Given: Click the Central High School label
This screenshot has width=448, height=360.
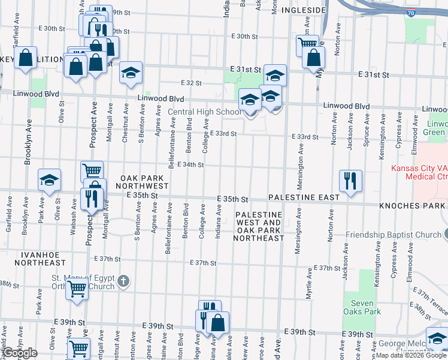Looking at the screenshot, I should (204, 112).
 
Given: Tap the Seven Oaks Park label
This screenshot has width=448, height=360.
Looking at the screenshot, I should (362, 307).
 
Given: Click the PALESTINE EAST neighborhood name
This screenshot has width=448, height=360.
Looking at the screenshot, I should (304, 197).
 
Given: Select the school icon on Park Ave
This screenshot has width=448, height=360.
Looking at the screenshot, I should (50, 180).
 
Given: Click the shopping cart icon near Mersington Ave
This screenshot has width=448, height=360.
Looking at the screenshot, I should (307, 44).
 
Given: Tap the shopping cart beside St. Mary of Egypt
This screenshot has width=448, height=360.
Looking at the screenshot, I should (77, 289).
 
